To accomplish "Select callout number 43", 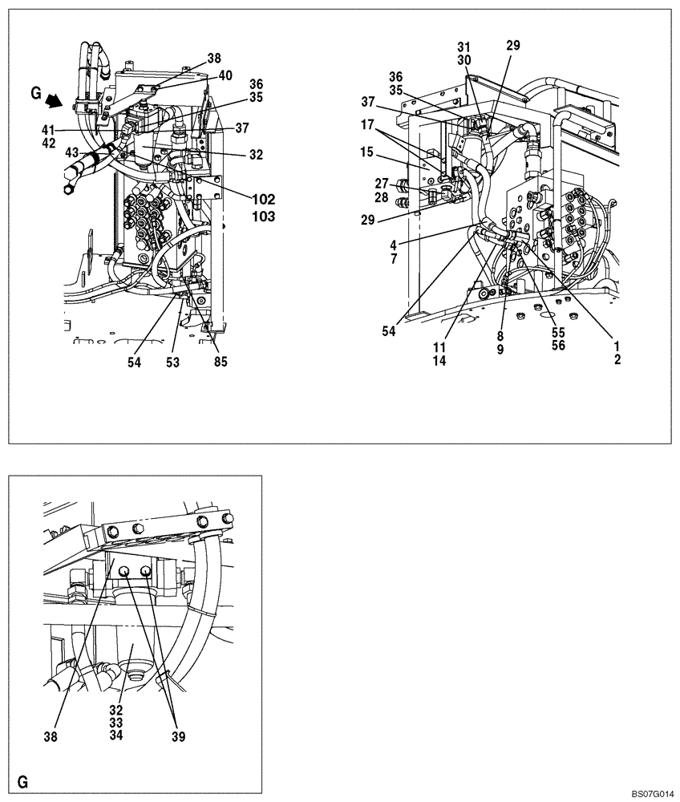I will [x=73, y=152].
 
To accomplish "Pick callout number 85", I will [x=221, y=362].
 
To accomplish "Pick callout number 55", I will [x=557, y=330].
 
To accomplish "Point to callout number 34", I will [x=117, y=735].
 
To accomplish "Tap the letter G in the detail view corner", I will [x=23, y=780].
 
